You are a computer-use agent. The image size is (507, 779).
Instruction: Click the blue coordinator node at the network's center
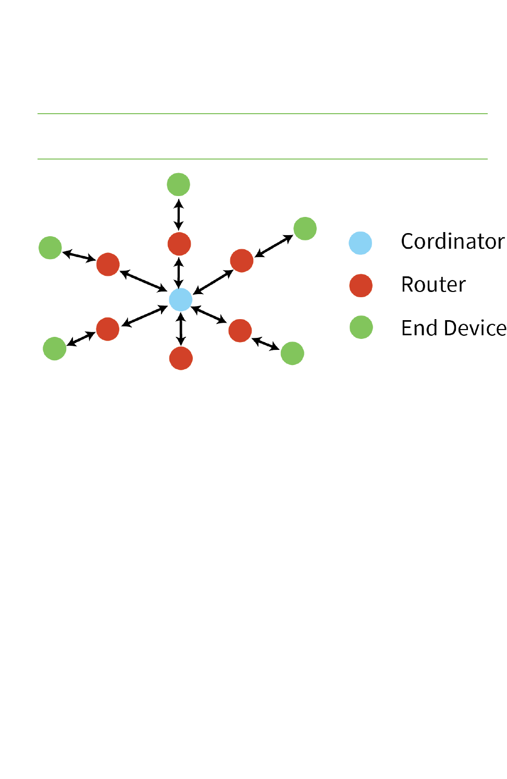(181, 300)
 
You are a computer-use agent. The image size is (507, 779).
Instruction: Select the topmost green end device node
(178, 185)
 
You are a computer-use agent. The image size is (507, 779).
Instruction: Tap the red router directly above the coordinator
(179, 244)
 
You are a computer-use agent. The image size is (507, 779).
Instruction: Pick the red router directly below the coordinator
(181, 358)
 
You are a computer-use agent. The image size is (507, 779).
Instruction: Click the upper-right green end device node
(305, 228)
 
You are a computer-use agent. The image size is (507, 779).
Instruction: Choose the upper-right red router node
(242, 261)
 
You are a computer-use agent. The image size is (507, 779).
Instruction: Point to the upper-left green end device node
(50, 248)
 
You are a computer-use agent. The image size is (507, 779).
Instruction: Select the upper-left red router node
(108, 264)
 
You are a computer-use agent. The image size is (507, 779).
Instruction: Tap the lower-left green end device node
(54, 348)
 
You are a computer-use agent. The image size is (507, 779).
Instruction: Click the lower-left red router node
(108, 329)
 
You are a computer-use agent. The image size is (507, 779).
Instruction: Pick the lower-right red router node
(240, 331)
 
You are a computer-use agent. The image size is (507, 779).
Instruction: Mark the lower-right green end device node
(292, 353)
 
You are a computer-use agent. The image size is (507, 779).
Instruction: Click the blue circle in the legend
(361, 243)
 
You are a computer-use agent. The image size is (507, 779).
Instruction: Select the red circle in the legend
(361, 286)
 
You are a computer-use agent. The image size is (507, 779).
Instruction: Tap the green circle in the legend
(361, 327)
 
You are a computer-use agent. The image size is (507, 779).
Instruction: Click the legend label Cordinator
(452, 241)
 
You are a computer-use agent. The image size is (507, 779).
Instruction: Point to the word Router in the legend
(433, 285)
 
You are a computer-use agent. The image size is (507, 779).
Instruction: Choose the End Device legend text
(453, 328)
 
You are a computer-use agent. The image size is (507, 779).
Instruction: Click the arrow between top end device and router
(179, 214)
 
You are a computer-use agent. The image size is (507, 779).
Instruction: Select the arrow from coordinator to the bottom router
(181, 330)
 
